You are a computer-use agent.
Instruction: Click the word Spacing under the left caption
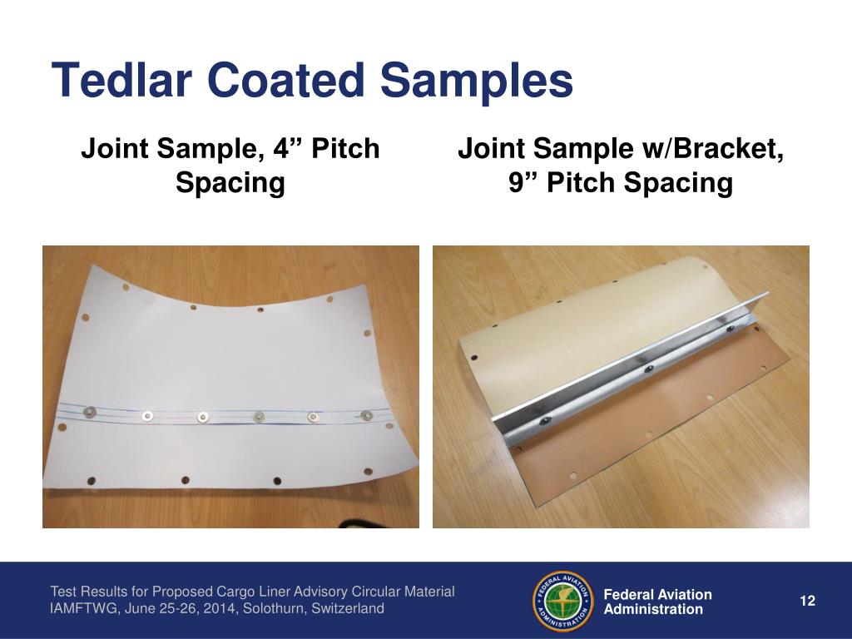tap(230, 182)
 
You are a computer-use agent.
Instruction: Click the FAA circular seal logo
tap(562, 602)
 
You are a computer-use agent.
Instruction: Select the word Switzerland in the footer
tap(346, 609)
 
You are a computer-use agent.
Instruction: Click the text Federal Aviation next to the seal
tap(657, 594)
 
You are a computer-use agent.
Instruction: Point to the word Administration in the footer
tap(653, 609)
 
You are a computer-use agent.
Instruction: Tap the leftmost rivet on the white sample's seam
tap(89, 410)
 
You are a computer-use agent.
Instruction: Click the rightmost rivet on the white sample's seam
tap(366, 414)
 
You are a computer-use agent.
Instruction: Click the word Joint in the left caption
tap(115, 150)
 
